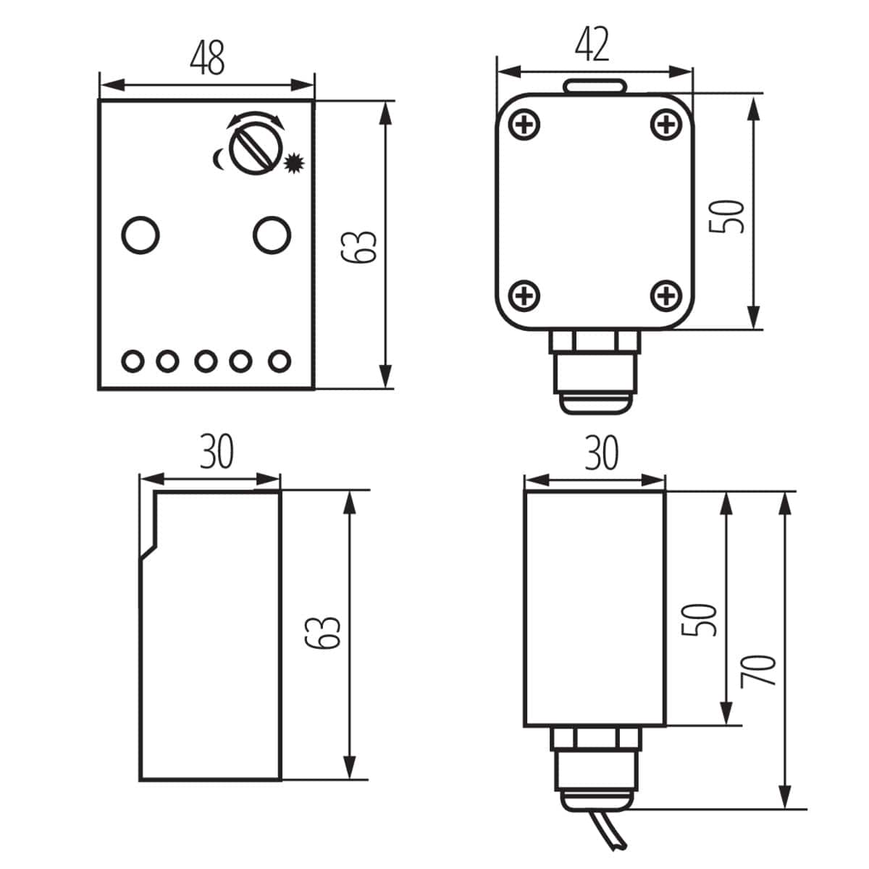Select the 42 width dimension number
click(x=592, y=45)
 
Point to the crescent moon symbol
click(x=218, y=158)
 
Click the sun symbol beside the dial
click(x=293, y=164)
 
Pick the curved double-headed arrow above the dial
click(x=252, y=119)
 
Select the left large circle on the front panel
click(x=140, y=235)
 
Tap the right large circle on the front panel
click(x=272, y=235)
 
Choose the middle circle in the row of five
click(x=206, y=360)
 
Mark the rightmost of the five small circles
click(x=280, y=360)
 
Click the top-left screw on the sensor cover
click(x=525, y=125)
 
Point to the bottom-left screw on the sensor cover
click(x=525, y=295)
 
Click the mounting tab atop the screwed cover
click(x=595, y=85)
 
